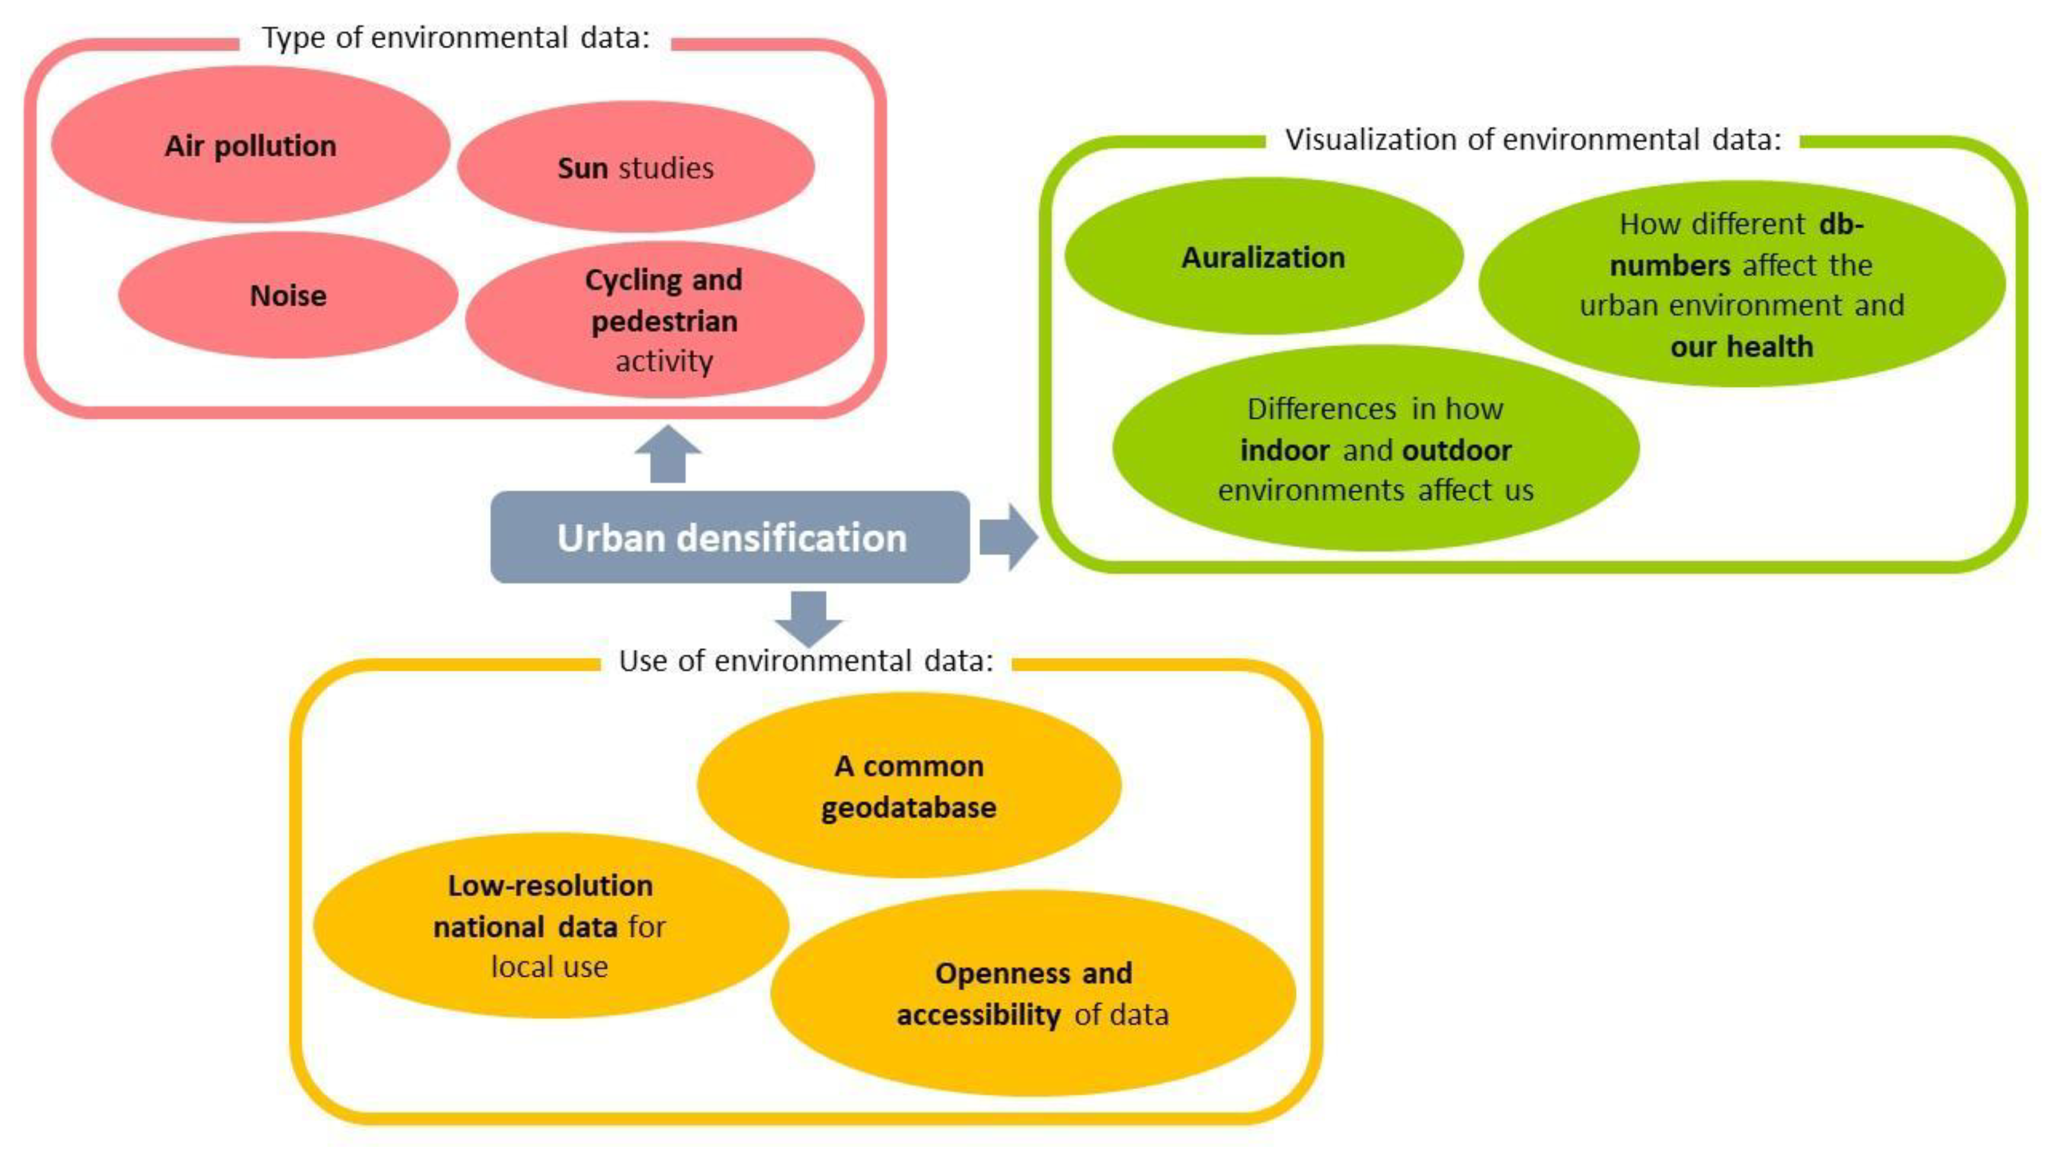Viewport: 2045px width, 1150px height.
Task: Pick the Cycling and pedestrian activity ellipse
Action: point(664,320)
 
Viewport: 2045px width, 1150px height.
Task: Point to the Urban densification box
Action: point(730,538)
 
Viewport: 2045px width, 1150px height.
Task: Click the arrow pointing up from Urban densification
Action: point(668,454)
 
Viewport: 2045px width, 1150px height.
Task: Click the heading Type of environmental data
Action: point(456,37)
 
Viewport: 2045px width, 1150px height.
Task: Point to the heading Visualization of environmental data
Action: point(1533,140)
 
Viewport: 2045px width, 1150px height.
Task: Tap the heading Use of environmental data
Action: point(806,660)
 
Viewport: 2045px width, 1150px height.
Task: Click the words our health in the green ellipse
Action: point(1741,347)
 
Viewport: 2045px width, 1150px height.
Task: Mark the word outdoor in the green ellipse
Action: point(1457,450)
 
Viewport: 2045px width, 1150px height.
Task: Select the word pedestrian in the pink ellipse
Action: point(664,321)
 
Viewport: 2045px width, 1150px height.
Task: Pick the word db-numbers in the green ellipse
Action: point(1738,245)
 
